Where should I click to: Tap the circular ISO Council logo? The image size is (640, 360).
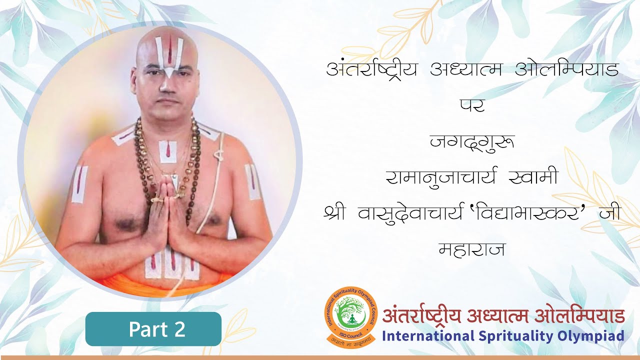tap(350, 317)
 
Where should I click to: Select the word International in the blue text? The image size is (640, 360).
tap(424, 335)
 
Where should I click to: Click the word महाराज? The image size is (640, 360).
tap(471, 248)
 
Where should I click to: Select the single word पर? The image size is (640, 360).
tap(472, 105)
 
